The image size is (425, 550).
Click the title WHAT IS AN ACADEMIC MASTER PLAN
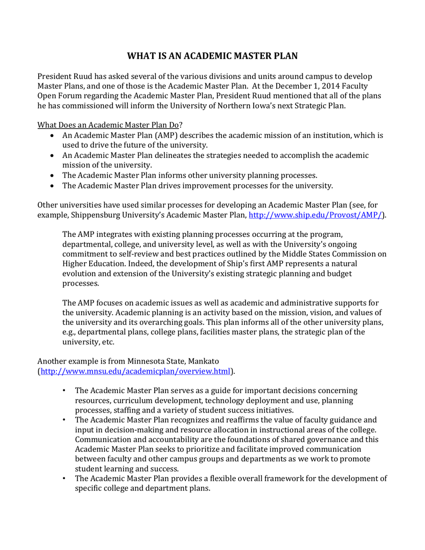point(212,56)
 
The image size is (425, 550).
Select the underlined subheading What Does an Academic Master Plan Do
point(107,125)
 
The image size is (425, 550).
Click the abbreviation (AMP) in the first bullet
point(167,135)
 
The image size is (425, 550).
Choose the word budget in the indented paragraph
point(340,273)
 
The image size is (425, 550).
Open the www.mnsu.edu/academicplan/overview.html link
point(135,371)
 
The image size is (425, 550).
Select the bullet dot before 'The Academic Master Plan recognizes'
point(64,419)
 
